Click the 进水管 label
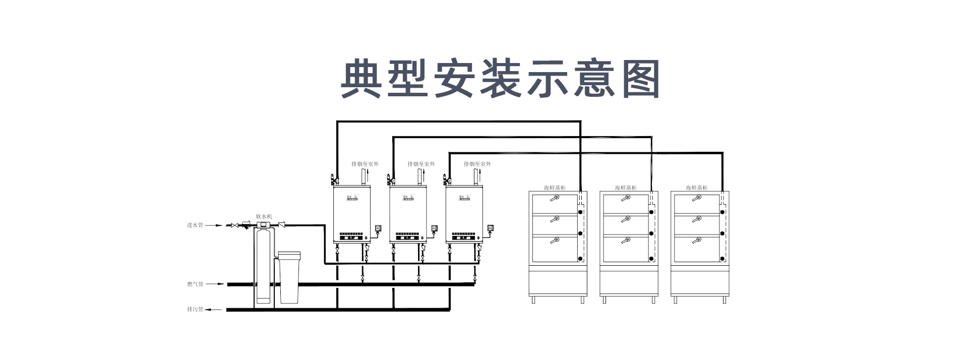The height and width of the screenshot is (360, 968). point(195,225)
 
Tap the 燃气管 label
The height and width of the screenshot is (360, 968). point(195,284)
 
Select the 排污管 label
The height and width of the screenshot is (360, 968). point(195,310)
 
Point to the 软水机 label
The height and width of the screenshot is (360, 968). point(264,216)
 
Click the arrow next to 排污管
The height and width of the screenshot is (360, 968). point(215,310)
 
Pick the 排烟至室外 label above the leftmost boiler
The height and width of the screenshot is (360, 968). point(365,164)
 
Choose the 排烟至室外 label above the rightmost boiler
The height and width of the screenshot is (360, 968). point(477,164)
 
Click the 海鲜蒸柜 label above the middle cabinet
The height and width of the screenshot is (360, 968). point(625,188)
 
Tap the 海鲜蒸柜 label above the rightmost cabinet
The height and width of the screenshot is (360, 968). point(696,188)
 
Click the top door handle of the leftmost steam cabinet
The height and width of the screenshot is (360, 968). point(555,198)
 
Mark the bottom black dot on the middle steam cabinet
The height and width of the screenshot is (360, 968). point(651,259)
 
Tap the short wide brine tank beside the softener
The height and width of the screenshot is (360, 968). point(289,277)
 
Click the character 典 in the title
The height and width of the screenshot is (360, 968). point(361,79)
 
